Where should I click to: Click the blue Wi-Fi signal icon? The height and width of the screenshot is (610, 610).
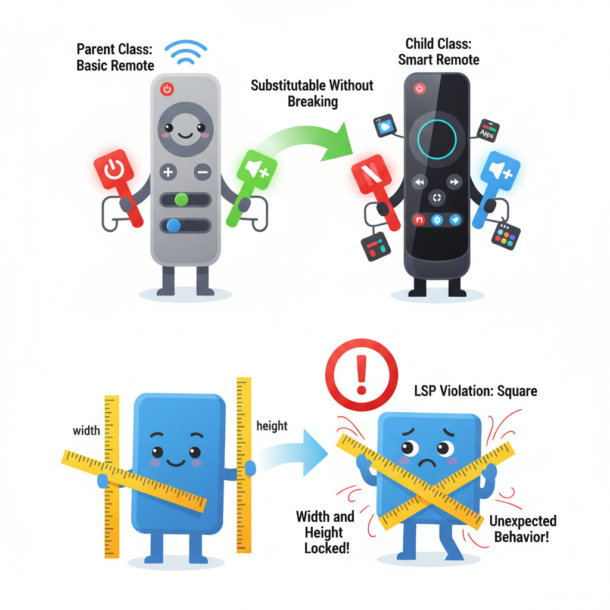[x=185, y=54]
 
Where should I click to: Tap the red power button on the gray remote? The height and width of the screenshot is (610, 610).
[x=167, y=89]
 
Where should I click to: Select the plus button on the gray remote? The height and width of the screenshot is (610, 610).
[x=168, y=173]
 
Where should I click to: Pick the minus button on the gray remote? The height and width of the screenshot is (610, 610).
[x=203, y=173]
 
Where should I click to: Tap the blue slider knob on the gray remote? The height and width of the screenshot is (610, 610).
[x=174, y=225]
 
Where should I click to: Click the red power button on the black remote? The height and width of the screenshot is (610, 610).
[x=420, y=89]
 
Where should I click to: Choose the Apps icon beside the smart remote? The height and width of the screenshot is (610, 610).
[x=488, y=131]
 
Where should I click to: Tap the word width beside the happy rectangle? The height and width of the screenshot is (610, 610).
[x=86, y=430]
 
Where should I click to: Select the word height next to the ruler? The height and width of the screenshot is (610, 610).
[x=272, y=426]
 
